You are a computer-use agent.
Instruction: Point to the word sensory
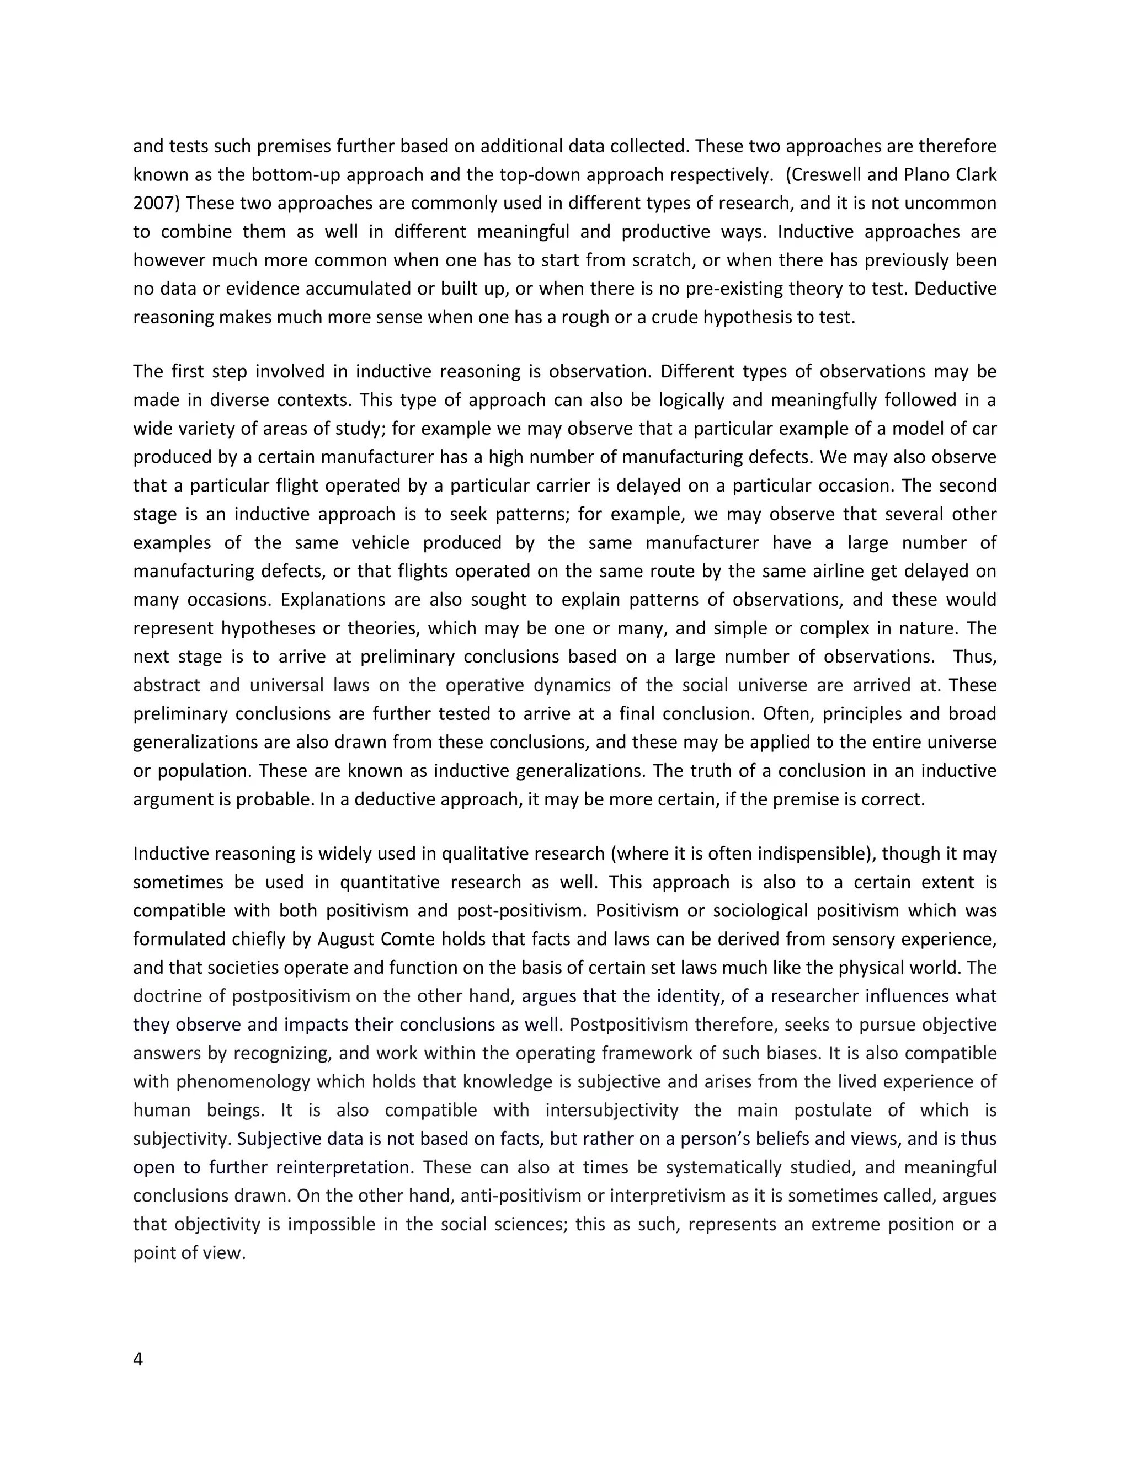864,939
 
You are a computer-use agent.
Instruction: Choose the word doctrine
167,996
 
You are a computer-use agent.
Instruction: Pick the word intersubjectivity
612,1111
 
